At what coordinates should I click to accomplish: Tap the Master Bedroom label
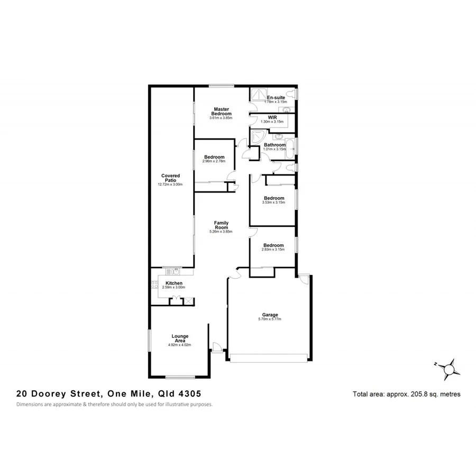[221, 111]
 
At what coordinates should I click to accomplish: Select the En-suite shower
[258, 94]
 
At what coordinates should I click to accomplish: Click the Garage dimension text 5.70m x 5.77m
[269, 319]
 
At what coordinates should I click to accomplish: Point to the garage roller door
[269, 358]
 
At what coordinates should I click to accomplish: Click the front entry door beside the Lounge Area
[216, 346]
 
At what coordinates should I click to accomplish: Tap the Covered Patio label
[170, 178]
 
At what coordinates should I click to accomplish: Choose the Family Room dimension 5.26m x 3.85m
[221, 231]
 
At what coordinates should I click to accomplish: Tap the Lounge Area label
[179, 338]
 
